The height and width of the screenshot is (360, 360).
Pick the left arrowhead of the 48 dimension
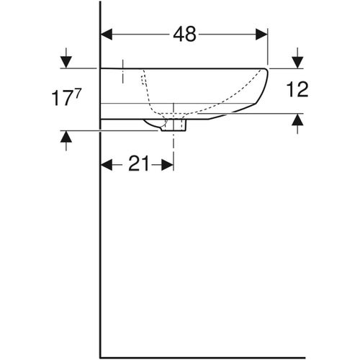(x=106, y=34)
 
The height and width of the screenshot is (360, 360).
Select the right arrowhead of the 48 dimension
(x=262, y=34)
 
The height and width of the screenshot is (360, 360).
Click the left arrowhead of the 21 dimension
(x=106, y=165)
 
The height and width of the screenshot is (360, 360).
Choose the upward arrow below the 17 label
(x=66, y=140)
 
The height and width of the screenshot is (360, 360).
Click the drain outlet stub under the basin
(x=174, y=125)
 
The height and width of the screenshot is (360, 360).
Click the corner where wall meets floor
(x=100, y=356)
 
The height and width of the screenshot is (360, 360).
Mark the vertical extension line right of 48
(x=268, y=47)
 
